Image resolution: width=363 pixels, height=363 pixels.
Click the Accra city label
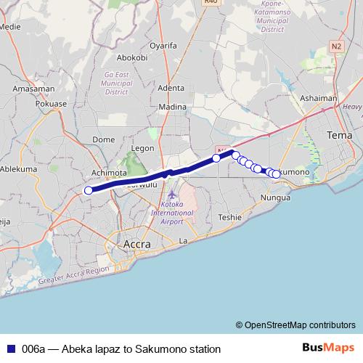tap(137, 245)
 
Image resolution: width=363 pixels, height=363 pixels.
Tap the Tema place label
tap(339, 136)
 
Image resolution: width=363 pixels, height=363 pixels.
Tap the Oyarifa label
tap(163, 45)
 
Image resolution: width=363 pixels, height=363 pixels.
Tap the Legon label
tap(142, 147)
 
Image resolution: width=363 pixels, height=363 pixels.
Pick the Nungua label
tap(275, 197)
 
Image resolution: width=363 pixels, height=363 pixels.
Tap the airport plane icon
tap(171, 195)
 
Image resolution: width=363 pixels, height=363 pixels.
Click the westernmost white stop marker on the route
tap(89, 190)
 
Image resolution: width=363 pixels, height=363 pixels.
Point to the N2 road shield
tap(336, 46)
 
